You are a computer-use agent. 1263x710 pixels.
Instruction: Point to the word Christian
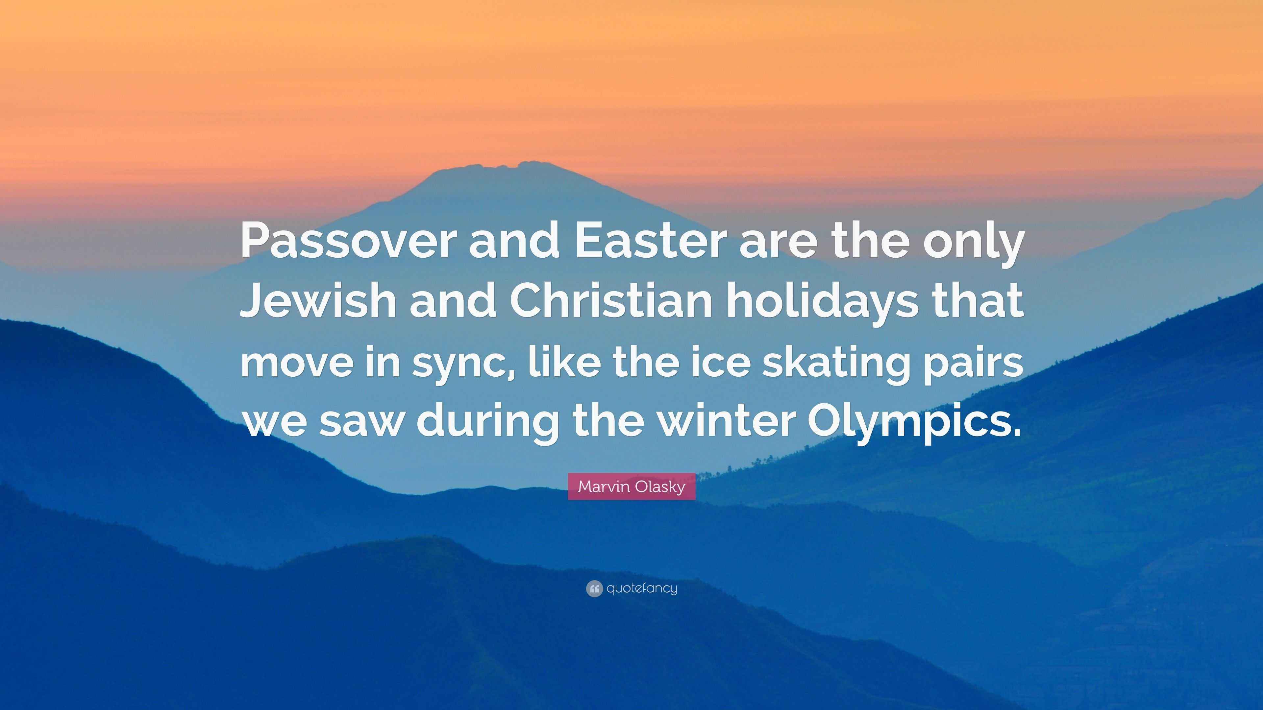610,301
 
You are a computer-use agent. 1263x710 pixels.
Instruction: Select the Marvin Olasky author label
631,486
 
